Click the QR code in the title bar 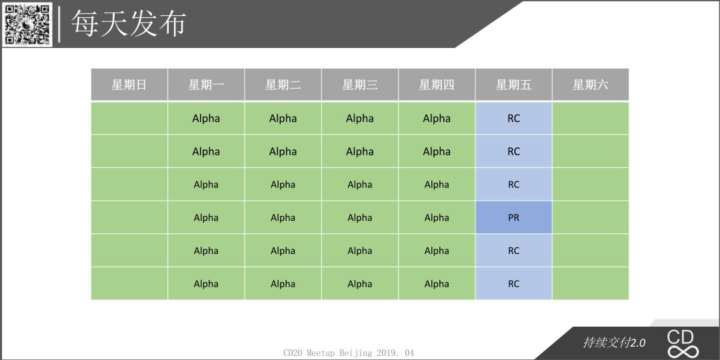point(27,24)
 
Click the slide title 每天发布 point(128,23)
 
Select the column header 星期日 point(129,85)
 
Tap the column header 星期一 point(206,85)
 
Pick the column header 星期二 point(283,85)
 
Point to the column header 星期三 point(360,85)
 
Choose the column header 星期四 point(437,85)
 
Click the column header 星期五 point(514,85)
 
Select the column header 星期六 point(591,85)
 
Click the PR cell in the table point(514,217)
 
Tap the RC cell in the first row point(514,119)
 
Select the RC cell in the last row point(514,284)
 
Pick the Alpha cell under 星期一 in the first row point(206,119)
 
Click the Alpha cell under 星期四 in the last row point(437,284)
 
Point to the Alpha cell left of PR point(437,217)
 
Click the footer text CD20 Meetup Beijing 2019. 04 point(349,353)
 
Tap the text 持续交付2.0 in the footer point(614,343)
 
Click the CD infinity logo point(683,344)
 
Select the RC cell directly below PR point(514,251)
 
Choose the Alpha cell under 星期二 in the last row point(283,284)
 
